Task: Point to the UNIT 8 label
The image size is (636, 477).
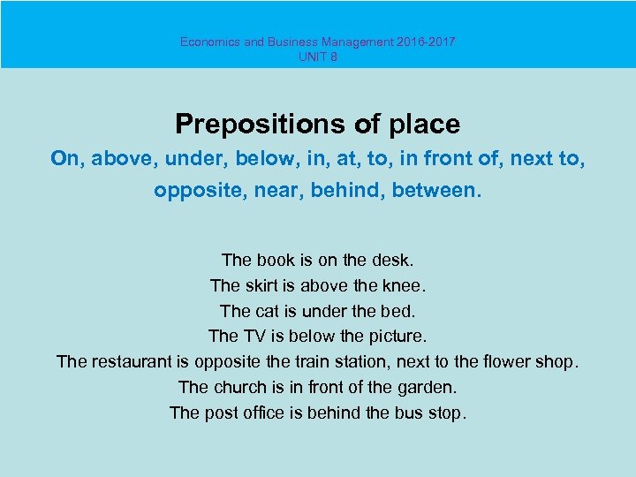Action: click(x=318, y=57)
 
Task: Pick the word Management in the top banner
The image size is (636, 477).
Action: click(x=344, y=42)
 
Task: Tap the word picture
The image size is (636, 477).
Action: click(x=395, y=337)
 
